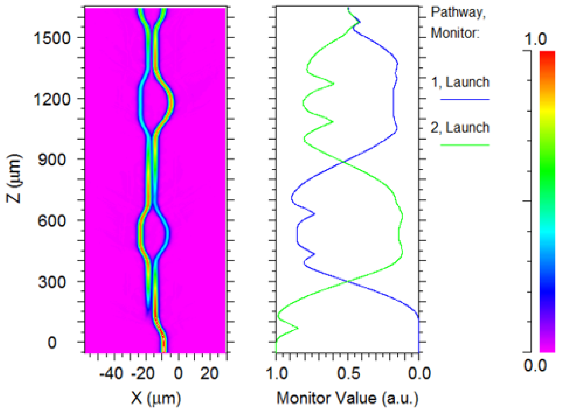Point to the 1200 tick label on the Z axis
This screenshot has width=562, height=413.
52,99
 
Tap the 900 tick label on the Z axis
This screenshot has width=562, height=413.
52,160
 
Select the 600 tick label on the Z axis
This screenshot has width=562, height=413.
52,221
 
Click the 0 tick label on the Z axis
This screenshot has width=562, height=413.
52,342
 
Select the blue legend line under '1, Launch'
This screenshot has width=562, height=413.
465,99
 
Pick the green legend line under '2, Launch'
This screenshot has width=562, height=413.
465,145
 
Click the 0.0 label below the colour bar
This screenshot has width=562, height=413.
535,366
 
